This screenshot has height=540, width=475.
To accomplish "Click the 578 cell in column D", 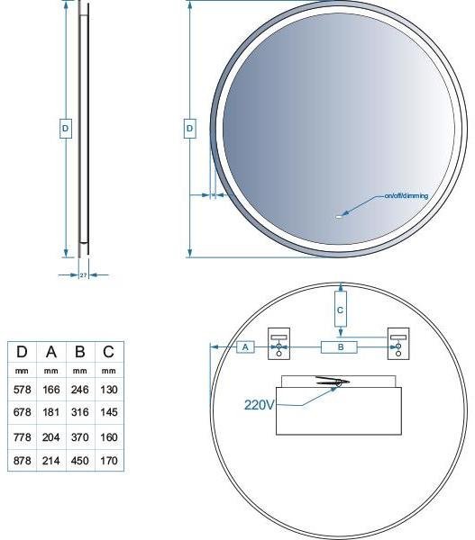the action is [x=22, y=390].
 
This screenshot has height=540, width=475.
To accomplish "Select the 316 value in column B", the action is [x=79, y=412].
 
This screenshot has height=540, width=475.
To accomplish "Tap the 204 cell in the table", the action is [x=51, y=437].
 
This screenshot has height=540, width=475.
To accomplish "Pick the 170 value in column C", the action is [x=109, y=461].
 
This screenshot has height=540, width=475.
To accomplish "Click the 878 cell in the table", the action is [x=22, y=461].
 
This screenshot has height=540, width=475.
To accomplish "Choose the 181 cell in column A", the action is [x=51, y=412].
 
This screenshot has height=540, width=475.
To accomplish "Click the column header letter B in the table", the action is [x=79, y=352].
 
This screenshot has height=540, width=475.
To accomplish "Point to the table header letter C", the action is [x=108, y=352].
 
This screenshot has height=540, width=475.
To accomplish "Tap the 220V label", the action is [x=259, y=405].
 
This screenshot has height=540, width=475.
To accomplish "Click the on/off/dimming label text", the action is [x=406, y=195].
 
